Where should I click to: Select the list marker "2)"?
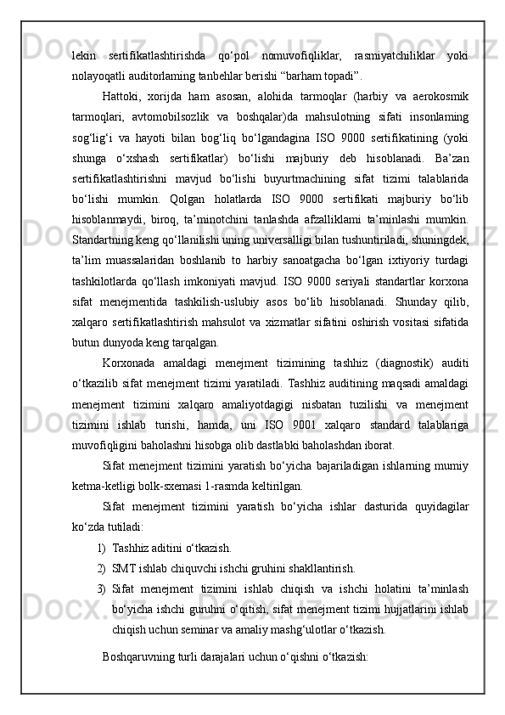pyautogui.click(x=102, y=567)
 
